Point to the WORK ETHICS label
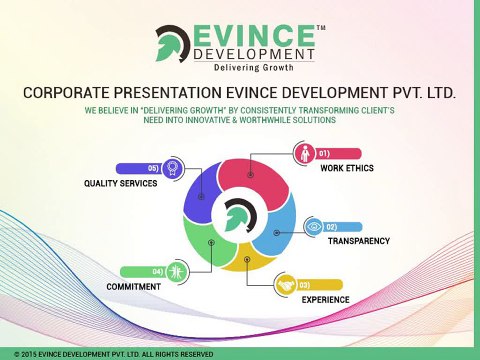pyautogui.click(x=346, y=168)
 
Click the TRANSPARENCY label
pyautogui.click(x=358, y=241)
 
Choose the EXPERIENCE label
pyautogui.click(x=325, y=299)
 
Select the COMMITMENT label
pyautogui.click(x=134, y=286)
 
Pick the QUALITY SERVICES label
pyautogui.click(x=120, y=184)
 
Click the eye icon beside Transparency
pyautogui.click(x=315, y=227)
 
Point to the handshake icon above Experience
pyautogui.click(x=287, y=285)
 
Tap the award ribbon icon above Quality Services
pyautogui.click(x=173, y=168)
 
